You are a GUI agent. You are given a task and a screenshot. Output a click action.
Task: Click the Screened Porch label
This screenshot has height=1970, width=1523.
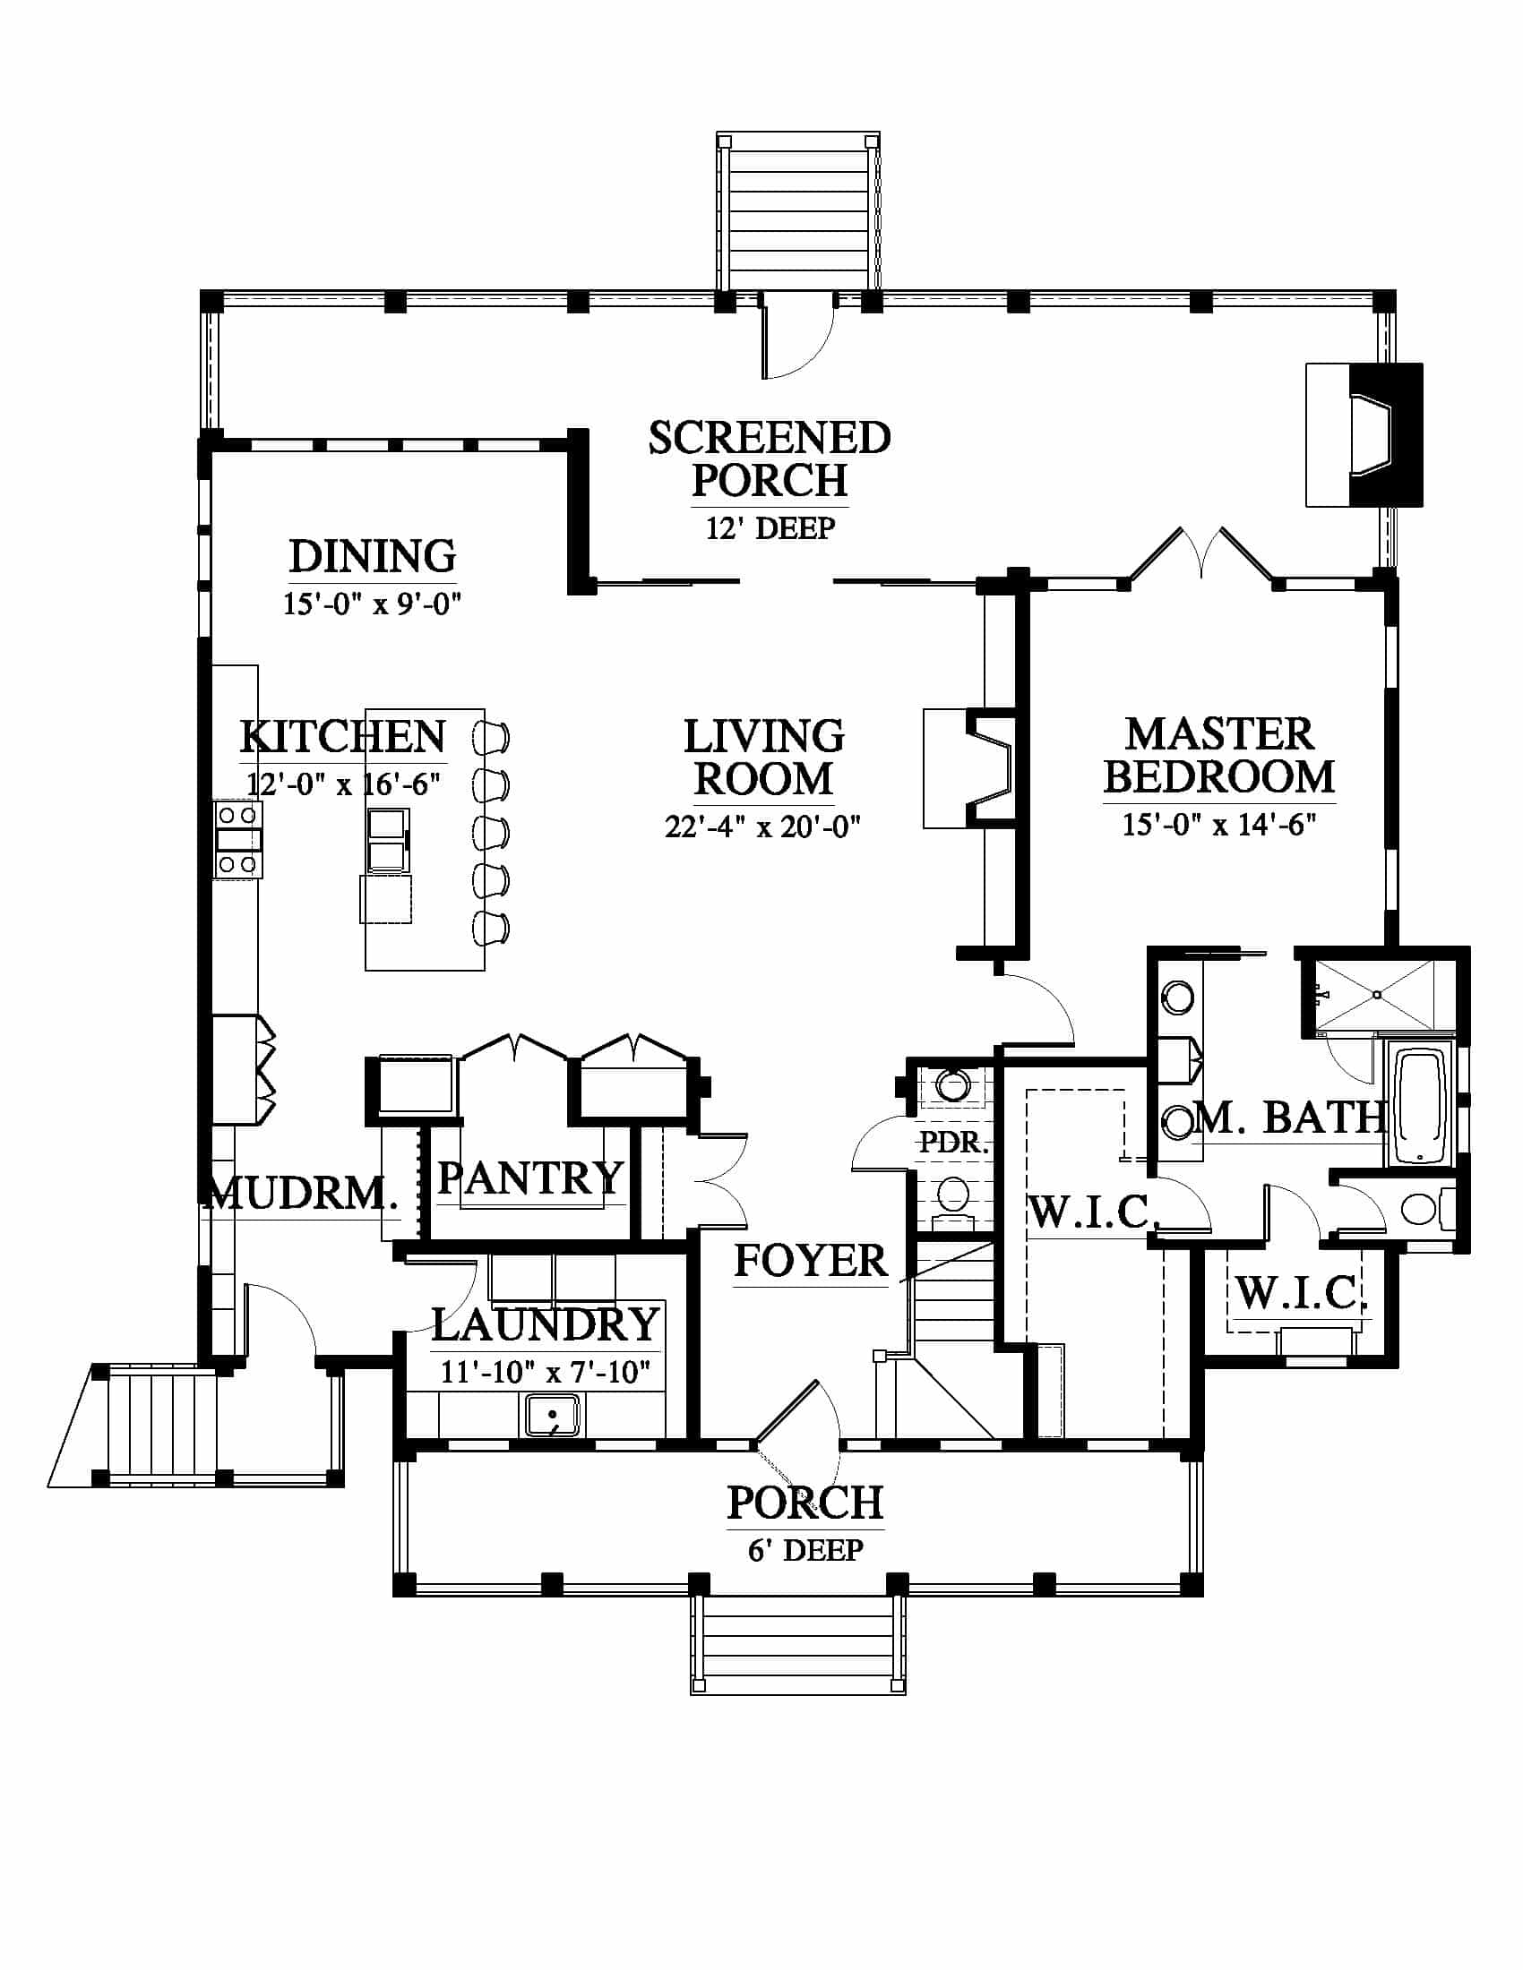(x=770, y=459)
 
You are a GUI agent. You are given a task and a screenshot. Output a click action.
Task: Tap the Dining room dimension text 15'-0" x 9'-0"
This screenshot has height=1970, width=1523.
(x=372, y=604)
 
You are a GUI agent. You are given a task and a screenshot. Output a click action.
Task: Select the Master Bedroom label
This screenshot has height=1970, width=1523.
(x=1219, y=756)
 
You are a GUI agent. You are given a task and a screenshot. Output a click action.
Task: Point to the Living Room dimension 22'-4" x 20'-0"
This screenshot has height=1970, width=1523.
(x=763, y=827)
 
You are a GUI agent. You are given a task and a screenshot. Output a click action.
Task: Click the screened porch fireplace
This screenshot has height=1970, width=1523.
(x=1364, y=435)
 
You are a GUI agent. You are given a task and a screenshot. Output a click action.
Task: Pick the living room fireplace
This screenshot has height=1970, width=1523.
(x=970, y=768)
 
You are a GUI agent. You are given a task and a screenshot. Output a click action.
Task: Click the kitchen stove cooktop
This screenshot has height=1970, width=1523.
(x=237, y=840)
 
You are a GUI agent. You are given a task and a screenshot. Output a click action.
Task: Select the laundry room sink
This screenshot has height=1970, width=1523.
(x=553, y=1414)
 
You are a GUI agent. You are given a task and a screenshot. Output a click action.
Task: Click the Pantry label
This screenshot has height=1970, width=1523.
(x=530, y=1178)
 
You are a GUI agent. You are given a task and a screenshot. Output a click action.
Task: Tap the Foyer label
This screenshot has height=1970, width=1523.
(x=810, y=1260)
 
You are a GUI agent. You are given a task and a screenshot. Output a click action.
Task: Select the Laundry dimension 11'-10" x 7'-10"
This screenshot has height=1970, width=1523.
(x=545, y=1372)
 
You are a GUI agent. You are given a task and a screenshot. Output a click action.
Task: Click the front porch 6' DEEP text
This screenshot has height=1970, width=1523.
(x=805, y=1550)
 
